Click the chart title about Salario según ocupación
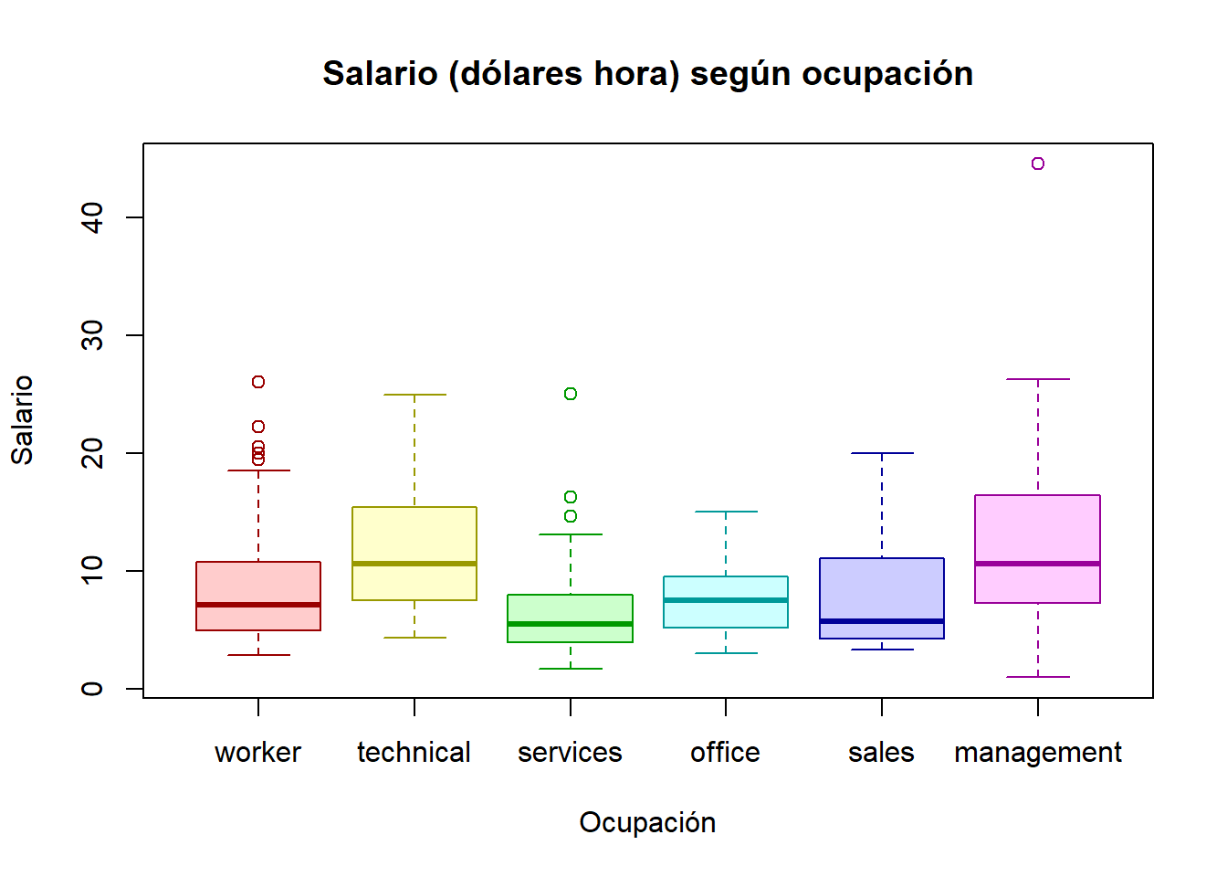click(x=647, y=74)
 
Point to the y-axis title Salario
click(x=22, y=419)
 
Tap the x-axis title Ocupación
click(x=647, y=822)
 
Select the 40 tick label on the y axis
click(x=92, y=217)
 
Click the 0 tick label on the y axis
click(x=92, y=689)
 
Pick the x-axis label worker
click(x=257, y=752)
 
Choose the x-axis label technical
click(x=414, y=752)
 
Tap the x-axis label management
click(x=1037, y=752)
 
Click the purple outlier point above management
click(x=1038, y=164)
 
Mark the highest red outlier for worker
click(x=258, y=382)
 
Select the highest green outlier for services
click(x=571, y=394)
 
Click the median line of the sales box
click(x=882, y=621)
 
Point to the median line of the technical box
click(x=414, y=564)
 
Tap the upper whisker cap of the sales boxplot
click(x=882, y=453)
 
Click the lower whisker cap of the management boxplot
click(x=1038, y=677)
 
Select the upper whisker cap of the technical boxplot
click(x=414, y=395)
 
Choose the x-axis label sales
click(x=881, y=752)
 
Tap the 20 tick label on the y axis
click(x=92, y=453)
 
